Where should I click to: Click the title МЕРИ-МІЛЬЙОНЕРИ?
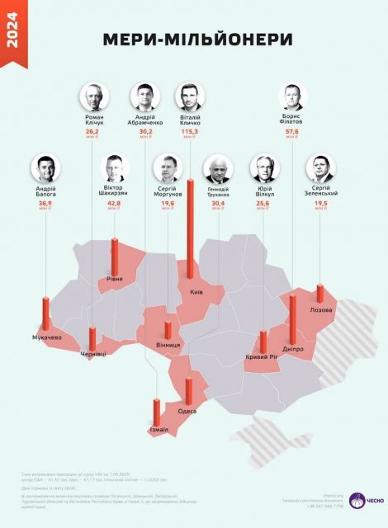pos(197,40)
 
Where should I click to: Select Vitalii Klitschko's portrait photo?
pos(190,97)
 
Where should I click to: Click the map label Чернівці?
pos(92,354)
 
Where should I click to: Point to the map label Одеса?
pos(187,410)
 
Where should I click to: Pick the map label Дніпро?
pos(293,349)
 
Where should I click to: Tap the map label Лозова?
pos(320,310)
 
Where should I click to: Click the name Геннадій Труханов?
pos(219,196)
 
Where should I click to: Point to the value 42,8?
pos(114,203)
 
